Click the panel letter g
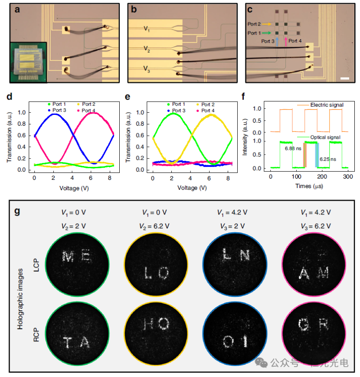(x=17, y=212)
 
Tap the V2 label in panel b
(x=147, y=51)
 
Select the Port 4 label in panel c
(x=295, y=41)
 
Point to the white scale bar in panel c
(x=345, y=78)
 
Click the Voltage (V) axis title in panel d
(x=74, y=188)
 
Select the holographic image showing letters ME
(x=77, y=257)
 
